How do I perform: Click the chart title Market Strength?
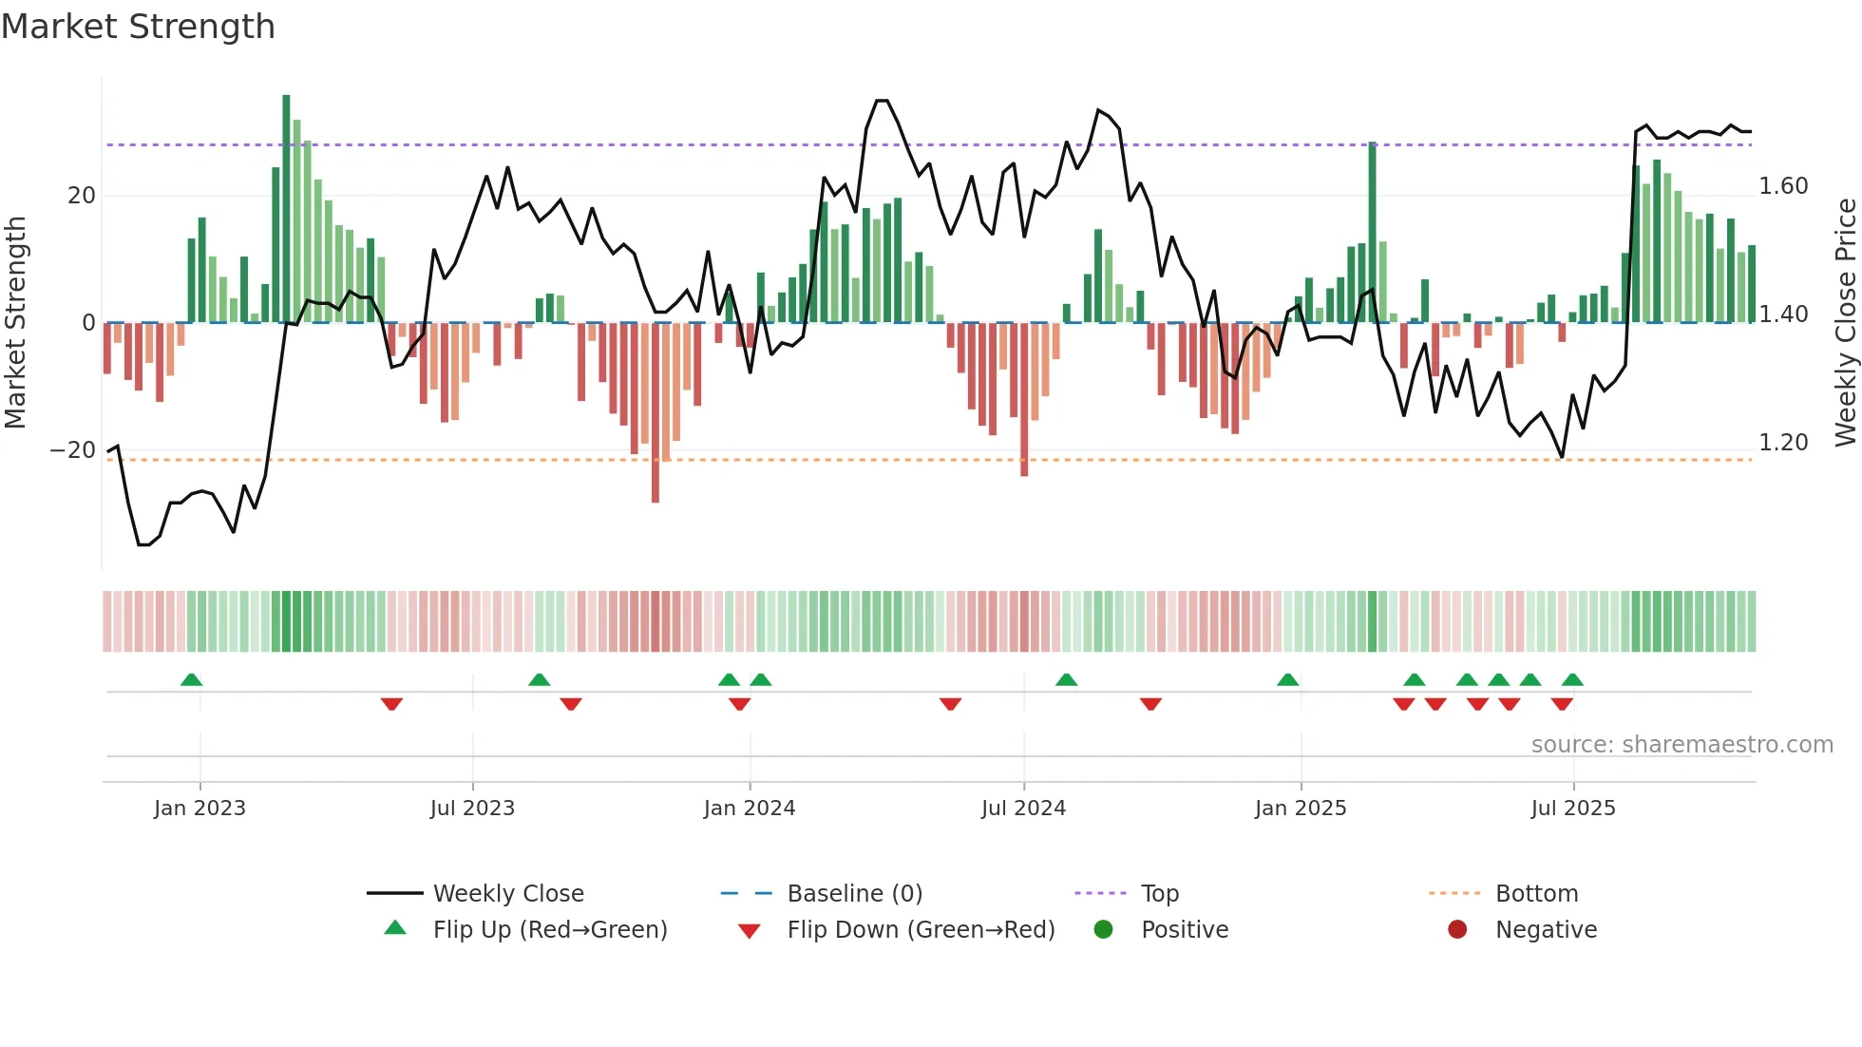point(139,27)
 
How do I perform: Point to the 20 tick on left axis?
point(82,196)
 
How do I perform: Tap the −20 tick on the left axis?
point(74,450)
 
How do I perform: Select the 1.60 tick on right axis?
point(1783,186)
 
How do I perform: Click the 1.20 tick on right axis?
point(1783,443)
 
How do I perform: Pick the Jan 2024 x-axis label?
point(749,809)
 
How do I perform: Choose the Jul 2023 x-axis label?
point(472,809)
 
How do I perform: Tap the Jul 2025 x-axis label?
point(1572,809)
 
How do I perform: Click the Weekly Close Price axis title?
point(1845,323)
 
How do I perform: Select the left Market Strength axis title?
point(16,323)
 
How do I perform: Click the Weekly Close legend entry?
point(508,894)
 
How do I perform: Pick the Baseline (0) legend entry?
point(854,894)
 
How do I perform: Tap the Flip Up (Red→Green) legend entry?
point(549,930)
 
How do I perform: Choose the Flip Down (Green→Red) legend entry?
point(921,930)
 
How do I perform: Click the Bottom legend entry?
point(1536,894)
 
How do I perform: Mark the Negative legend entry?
point(1546,930)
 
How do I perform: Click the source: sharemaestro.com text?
point(1681,745)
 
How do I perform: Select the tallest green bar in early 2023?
point(286,209)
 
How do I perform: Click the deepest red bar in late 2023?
point(655,413)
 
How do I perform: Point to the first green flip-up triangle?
point(191,679)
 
